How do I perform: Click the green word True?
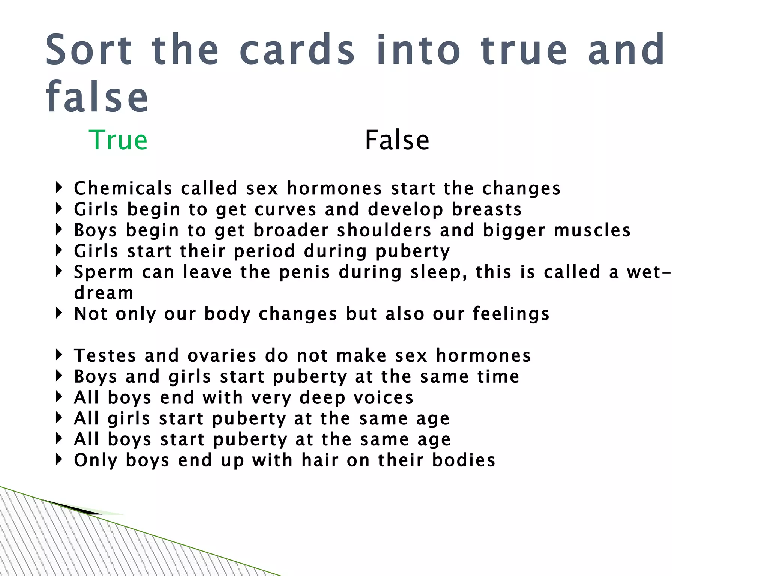(118, 140)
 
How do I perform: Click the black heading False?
(397, 140)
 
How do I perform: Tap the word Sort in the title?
(89, 50)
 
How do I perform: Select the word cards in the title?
(297, 50)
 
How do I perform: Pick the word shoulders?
(384, 230)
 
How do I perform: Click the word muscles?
(592, 230)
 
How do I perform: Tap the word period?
(264, 251)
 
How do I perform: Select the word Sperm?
(103, 272)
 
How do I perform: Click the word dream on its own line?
(104, 293)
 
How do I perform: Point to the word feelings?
(511, 314)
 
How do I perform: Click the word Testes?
(105, 355)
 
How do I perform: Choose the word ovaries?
(222, 355)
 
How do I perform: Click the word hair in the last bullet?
(320, 460)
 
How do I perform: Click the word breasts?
(486, 209)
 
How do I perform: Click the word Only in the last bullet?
(96, 460)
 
